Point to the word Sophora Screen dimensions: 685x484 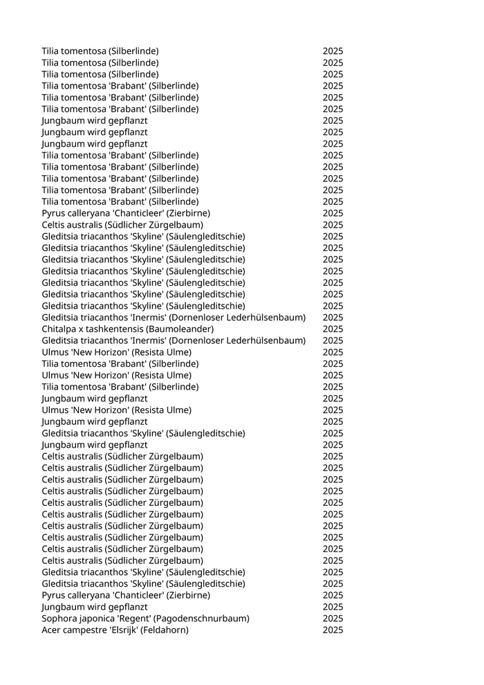(59, 618)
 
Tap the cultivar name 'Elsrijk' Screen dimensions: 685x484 (122, 630)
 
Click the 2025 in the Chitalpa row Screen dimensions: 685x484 (333, 329)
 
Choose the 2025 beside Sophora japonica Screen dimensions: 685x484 (333, 618)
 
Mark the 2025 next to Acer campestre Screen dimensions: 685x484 (333, 630)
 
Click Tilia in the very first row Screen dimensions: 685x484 (50, 51)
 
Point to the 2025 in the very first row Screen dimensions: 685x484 (333, 51)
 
